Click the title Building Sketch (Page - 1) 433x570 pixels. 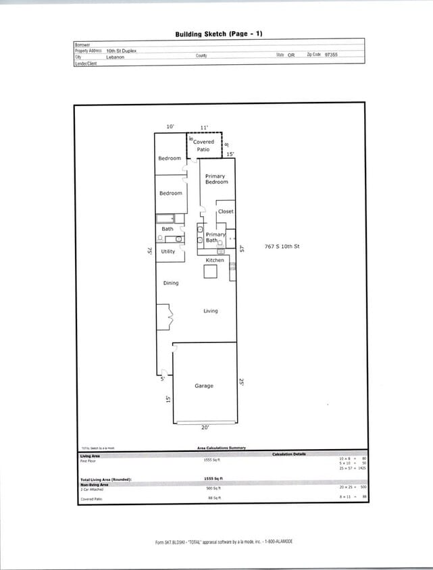218,33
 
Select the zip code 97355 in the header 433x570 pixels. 331,54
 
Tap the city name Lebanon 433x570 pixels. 115,58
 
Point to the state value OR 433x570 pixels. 290,55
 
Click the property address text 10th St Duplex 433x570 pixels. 121,51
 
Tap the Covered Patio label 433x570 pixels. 203,145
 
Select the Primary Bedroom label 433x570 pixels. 216,179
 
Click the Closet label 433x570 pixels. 226,211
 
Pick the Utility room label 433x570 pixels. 168,251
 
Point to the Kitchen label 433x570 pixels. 215,260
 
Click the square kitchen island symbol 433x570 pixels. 210,271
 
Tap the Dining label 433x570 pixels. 171,283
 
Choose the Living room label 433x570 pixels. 211,311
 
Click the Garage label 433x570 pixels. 204,386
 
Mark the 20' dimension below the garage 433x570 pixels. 205,427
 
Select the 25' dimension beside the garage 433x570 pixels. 241,382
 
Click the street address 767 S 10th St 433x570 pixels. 282,247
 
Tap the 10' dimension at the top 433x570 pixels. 170,127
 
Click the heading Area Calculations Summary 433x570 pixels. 222,448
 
